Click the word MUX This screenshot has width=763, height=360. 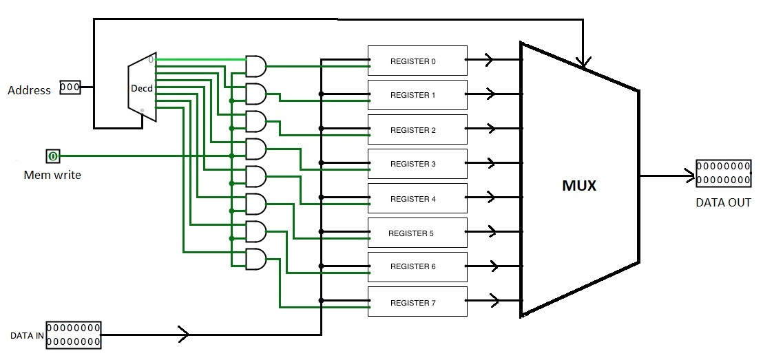pos(579,186)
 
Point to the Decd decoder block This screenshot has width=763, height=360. pos(142,89)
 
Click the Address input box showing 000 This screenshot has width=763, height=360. pos(70,87)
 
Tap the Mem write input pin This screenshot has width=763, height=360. pos(53,156)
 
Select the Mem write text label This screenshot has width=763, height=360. pos(52,175)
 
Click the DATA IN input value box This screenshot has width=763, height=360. pos(73,335)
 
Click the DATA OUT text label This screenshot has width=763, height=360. pos(723,203)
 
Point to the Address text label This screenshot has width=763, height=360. pos(29,90)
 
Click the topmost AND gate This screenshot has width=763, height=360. pos(255,67)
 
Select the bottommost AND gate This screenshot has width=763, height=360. pos(255,259)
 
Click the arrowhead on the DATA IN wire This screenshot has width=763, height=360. pos(184,335)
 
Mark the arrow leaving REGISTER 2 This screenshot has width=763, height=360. pos(490,129)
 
